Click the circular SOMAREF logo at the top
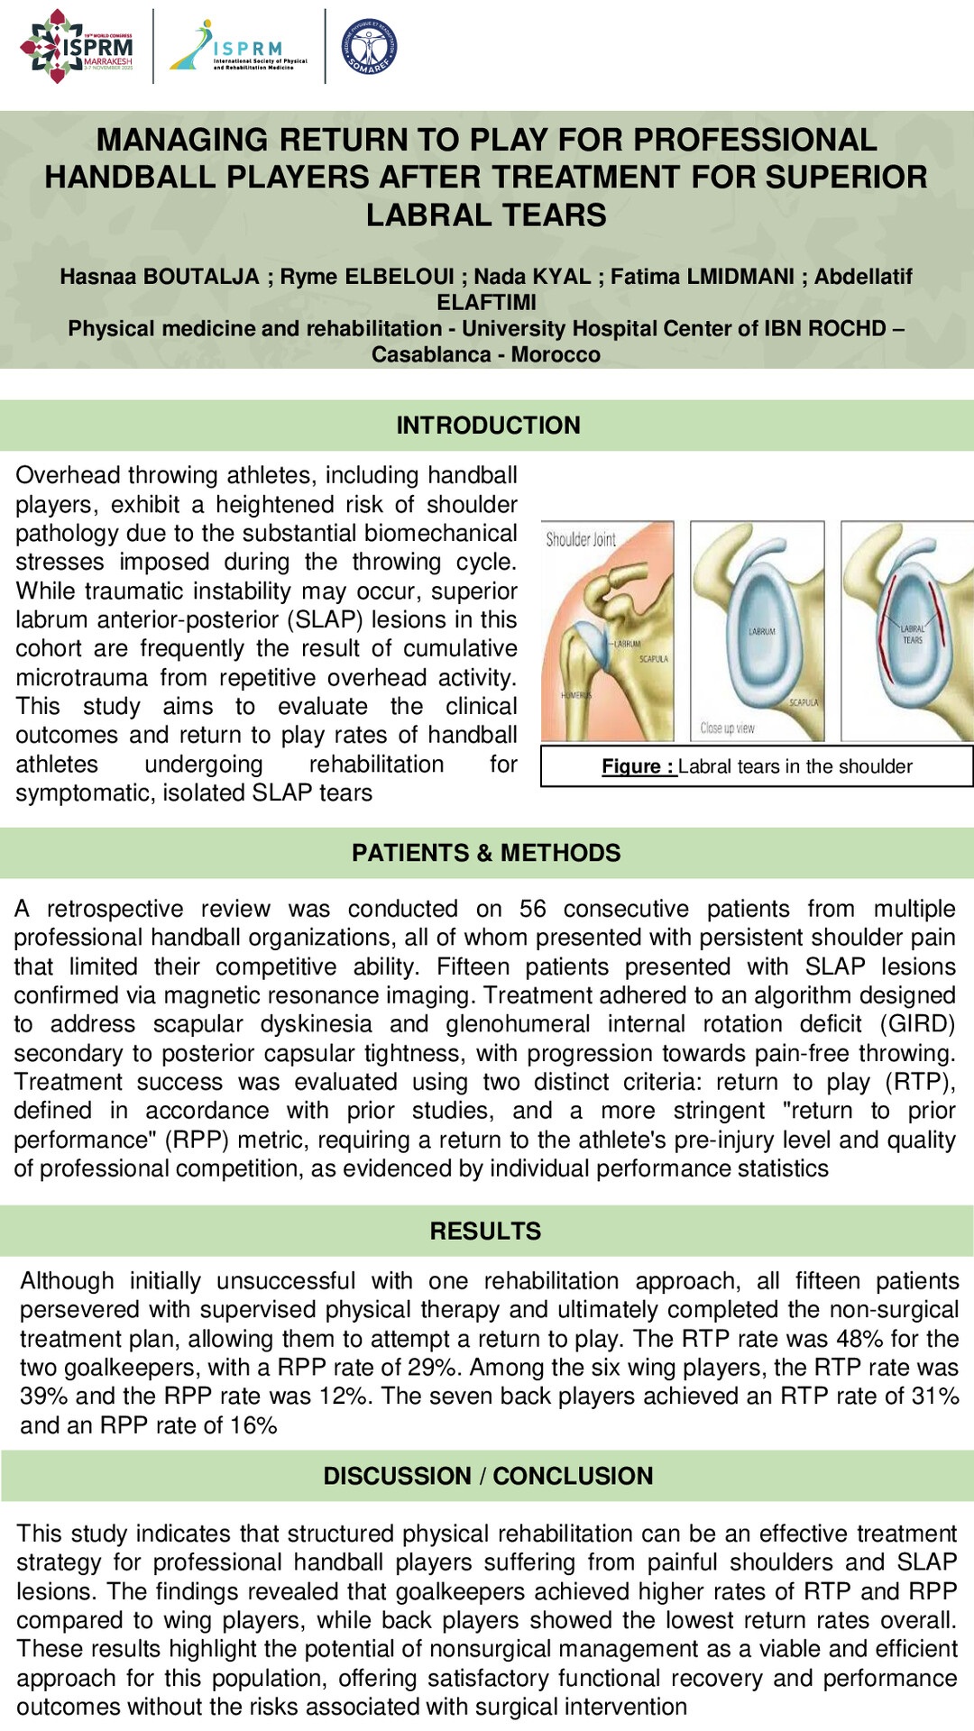pos(369,47)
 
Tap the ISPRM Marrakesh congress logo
pos(78,47)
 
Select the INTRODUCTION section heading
pos(488,426)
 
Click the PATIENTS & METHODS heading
pos(486,853)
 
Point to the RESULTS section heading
pos(485,1231)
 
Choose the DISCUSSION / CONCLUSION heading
pos(488,1476)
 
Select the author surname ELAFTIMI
pos(486,302)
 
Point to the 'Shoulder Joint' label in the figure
pos(581,540)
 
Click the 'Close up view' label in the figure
pos(727,728)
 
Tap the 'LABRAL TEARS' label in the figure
pos(913,634)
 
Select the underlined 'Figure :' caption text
pos(639,766)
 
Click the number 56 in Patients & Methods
pos(532,909)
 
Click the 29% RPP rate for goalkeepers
pos(430,1368)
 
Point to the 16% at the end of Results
pos(253,1425)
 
